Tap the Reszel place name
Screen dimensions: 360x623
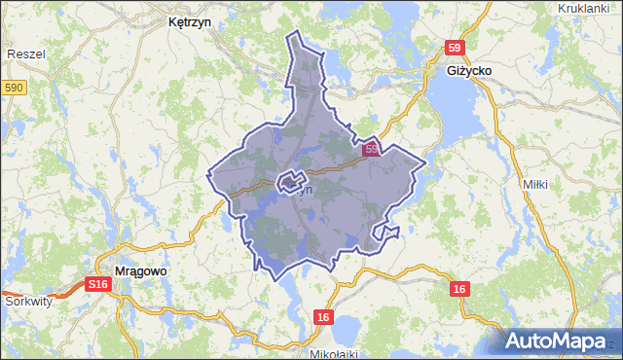tap(25, 55)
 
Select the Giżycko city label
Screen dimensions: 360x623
tap(472, 73)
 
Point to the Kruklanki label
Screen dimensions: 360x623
tap(589, 9)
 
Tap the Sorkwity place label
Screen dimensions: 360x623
tap(28, 302)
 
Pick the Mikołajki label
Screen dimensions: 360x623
tap(332, 353)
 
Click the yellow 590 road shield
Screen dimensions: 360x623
tap(13, 89)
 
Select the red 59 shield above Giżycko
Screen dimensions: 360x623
tap(456, 48)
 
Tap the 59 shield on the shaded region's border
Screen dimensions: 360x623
tap(372, 150)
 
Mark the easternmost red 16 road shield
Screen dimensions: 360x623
tap(460, 289)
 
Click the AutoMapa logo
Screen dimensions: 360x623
tap(557, 340)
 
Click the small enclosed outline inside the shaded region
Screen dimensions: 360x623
tap(292, 181)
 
